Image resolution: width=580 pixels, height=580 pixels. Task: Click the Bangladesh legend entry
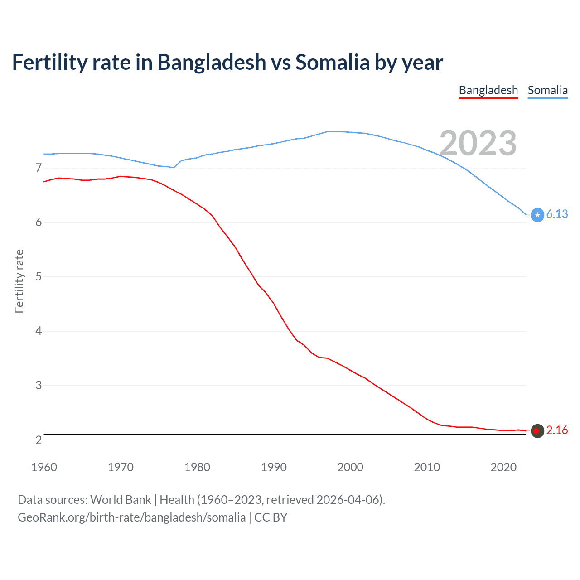(488, 90)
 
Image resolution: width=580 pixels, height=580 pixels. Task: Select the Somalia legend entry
(547, 90)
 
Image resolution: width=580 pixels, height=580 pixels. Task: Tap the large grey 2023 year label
(478, 143)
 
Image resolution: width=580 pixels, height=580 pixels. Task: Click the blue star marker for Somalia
(537, 215)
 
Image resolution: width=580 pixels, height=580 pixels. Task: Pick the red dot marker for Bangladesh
(537, 431)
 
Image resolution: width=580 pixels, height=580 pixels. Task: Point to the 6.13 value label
(557, 214)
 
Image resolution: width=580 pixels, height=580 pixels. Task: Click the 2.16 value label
(557, 430)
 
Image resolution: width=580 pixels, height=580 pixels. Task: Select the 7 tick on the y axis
(39, 168)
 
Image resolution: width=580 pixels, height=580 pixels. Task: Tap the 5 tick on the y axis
(39, 277)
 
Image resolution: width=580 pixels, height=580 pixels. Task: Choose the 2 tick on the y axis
(39, 440)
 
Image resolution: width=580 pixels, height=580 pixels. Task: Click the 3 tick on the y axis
(39, 386)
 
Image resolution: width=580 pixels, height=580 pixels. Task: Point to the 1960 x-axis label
(44, 467)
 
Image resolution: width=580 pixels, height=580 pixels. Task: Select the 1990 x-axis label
(274, 467)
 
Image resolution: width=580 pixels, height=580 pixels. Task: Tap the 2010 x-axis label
(427, 467)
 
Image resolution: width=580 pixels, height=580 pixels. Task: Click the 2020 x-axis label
(503, 467)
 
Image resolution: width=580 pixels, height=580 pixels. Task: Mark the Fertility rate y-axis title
(19, 281)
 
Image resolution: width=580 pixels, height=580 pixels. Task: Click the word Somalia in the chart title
(333, 62)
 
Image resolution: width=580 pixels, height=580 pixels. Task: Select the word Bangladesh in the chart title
(212, 62)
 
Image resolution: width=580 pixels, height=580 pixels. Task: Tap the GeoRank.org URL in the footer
(131, 517)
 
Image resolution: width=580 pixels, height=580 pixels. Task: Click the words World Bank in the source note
(121, 500)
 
